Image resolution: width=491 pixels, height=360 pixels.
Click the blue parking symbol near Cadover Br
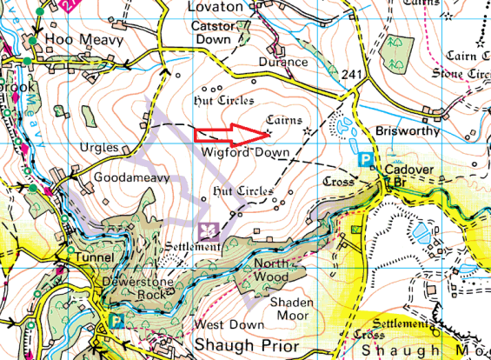[367, 160]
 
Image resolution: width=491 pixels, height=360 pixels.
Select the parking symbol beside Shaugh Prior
[117, 322]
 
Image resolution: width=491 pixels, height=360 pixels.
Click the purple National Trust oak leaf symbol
[209, 230]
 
